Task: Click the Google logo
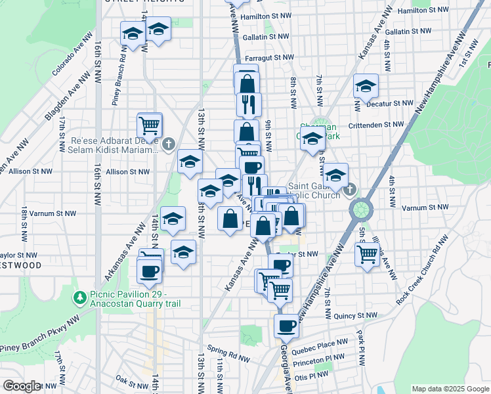pos(21,386)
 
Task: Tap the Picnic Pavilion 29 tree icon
pos(80,298)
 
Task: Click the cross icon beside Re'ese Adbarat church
pos(169,143)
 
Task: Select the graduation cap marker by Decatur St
pos(366,85)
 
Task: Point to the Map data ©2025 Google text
pos(450,388)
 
